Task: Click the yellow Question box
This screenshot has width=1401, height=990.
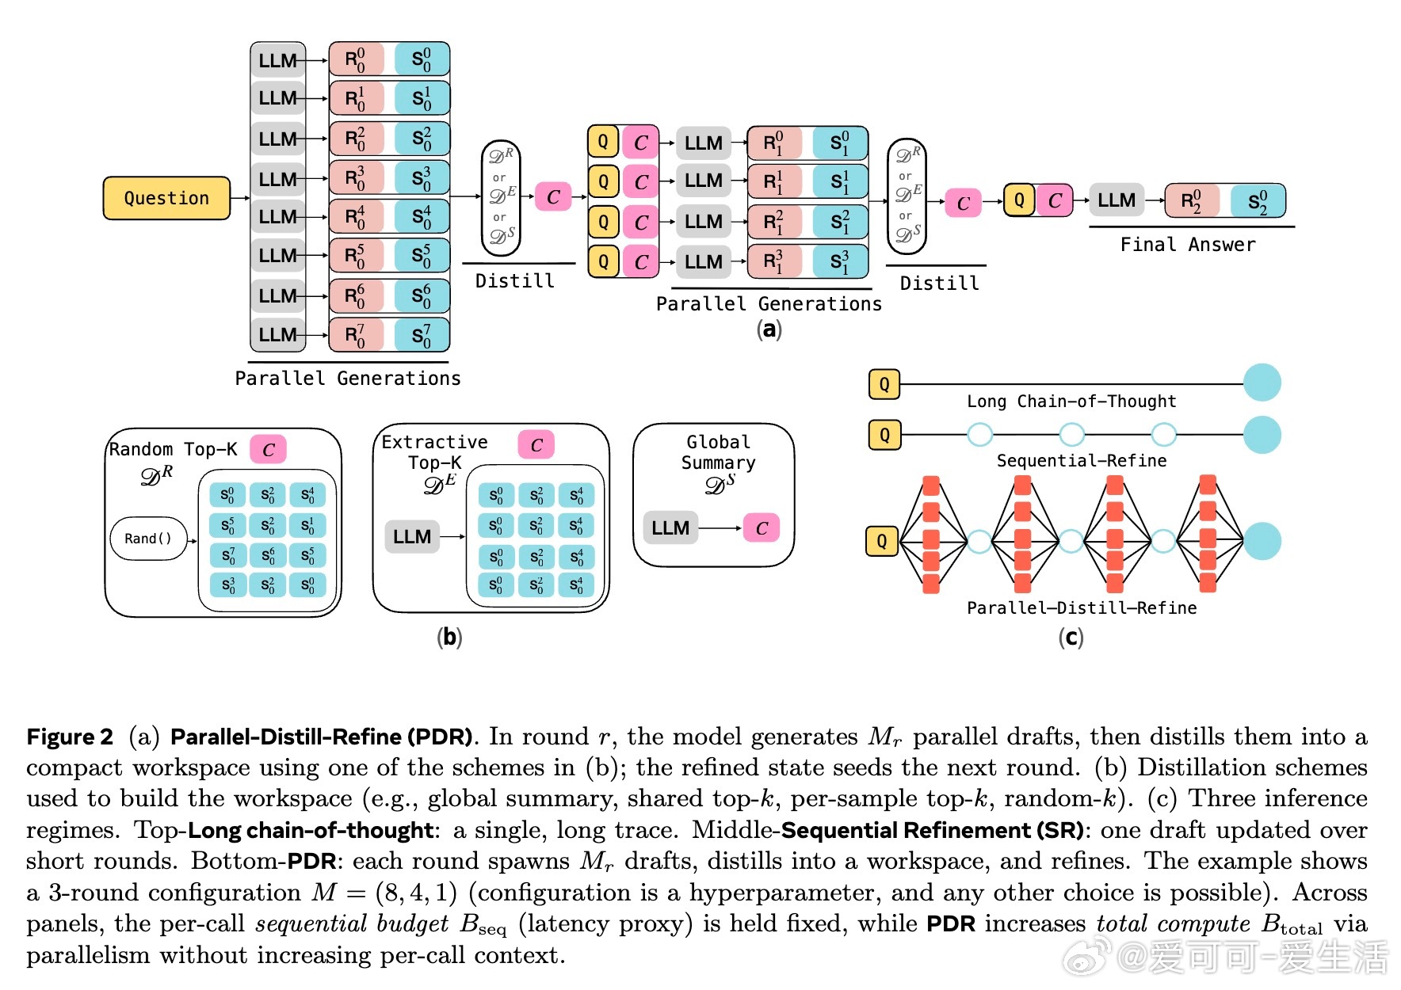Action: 166,198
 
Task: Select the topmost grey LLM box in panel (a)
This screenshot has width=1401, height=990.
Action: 278,60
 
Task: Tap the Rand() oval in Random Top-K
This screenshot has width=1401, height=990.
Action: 148,539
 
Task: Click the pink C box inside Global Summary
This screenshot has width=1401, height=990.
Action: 761,528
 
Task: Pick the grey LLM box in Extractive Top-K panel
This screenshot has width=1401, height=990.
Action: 412,537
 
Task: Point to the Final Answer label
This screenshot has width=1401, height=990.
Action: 1187,245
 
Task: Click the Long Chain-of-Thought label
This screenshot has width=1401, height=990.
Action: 1071,402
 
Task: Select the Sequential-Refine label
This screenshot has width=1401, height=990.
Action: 1081,461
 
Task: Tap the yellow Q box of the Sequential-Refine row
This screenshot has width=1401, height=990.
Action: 884,435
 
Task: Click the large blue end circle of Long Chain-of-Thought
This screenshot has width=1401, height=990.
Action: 1262,383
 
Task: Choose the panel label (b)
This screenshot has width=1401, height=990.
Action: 449,637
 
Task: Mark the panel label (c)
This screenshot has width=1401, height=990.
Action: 1071,637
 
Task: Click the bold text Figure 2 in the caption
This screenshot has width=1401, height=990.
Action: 70,737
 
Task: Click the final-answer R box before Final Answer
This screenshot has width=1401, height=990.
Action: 1192,201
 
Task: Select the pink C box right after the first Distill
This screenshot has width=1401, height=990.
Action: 553,197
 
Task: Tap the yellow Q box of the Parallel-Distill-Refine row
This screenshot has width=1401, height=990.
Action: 882,542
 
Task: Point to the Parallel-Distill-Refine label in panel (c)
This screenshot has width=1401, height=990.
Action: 1081,608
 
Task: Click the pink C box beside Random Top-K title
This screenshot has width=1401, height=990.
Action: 268,450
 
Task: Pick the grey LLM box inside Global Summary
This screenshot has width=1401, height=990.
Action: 670,528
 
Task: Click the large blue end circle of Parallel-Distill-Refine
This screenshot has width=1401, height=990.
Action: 1262,542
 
